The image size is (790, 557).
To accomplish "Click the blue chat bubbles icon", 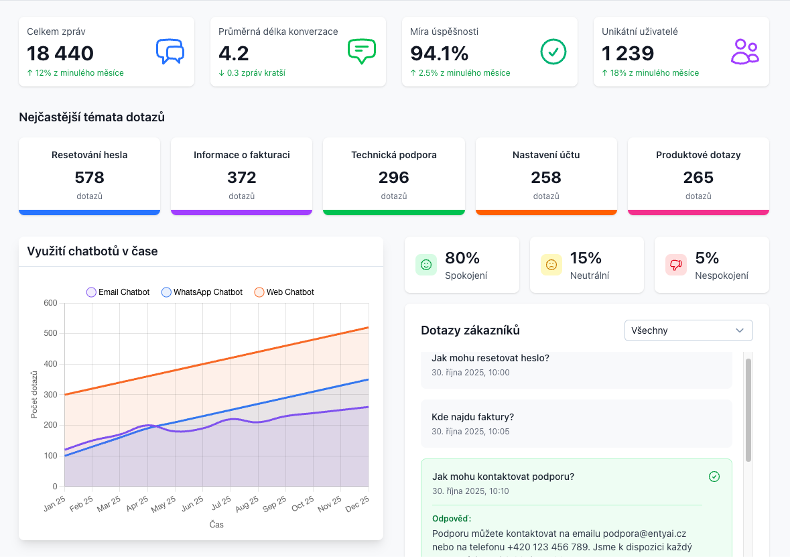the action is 170,52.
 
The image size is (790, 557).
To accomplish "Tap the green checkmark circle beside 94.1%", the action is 553,52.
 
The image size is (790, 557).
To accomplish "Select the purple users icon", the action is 744,52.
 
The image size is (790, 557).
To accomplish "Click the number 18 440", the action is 60,54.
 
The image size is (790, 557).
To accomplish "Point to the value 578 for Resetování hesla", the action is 89,178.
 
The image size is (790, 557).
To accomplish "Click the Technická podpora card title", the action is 394,156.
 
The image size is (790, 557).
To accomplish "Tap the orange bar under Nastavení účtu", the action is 546,212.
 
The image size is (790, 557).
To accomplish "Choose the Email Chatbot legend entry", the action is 118,292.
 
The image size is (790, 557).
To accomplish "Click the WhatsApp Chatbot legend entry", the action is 202,292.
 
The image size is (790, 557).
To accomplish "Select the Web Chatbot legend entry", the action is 284,292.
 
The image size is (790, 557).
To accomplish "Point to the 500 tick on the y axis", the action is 50,333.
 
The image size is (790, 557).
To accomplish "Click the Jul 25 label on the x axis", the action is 222,503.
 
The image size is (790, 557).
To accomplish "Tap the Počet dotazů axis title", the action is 34,395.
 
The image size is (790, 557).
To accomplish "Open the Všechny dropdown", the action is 688,330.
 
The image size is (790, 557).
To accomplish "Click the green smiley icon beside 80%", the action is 426,265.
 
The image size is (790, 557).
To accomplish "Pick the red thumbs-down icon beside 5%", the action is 676,265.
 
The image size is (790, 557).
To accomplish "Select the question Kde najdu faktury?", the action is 472,417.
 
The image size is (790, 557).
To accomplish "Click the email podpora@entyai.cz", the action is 645,534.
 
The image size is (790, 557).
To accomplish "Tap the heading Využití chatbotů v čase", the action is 92,251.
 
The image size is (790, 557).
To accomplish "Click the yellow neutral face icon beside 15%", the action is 551,265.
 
